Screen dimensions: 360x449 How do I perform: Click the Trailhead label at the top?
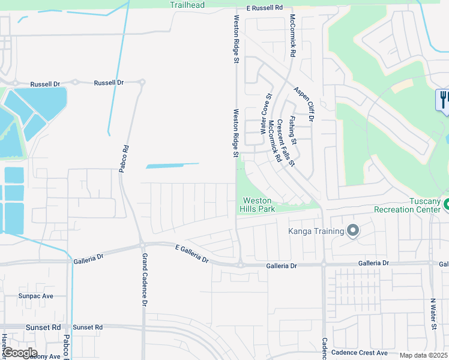pyautogui.click(x=187, y=5)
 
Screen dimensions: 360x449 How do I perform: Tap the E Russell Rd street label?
pyautogui.click(x=264, y=8)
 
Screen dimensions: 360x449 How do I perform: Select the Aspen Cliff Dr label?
pyautogui.click(x=304, y=104)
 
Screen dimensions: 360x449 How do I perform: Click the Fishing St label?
pyautogui.click(x=293, y=130)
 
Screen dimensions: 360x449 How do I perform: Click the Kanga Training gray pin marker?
pyautogui.click(x=353, y=231)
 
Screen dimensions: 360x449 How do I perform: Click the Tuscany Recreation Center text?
pyautogui.click(x=408, y=205)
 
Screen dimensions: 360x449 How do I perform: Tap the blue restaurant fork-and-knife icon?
pyautogui.click(x=444, y=98)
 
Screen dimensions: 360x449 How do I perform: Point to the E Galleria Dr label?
pyautogui.click(x=191, y=254)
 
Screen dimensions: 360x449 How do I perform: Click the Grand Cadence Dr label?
pyautogui.click(x=144, y=280)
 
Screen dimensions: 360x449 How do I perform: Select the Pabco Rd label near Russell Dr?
pyautogui.click(x=124, y=159)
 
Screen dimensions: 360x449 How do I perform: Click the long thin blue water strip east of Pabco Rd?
pyautogui.click(x=172, y=165)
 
